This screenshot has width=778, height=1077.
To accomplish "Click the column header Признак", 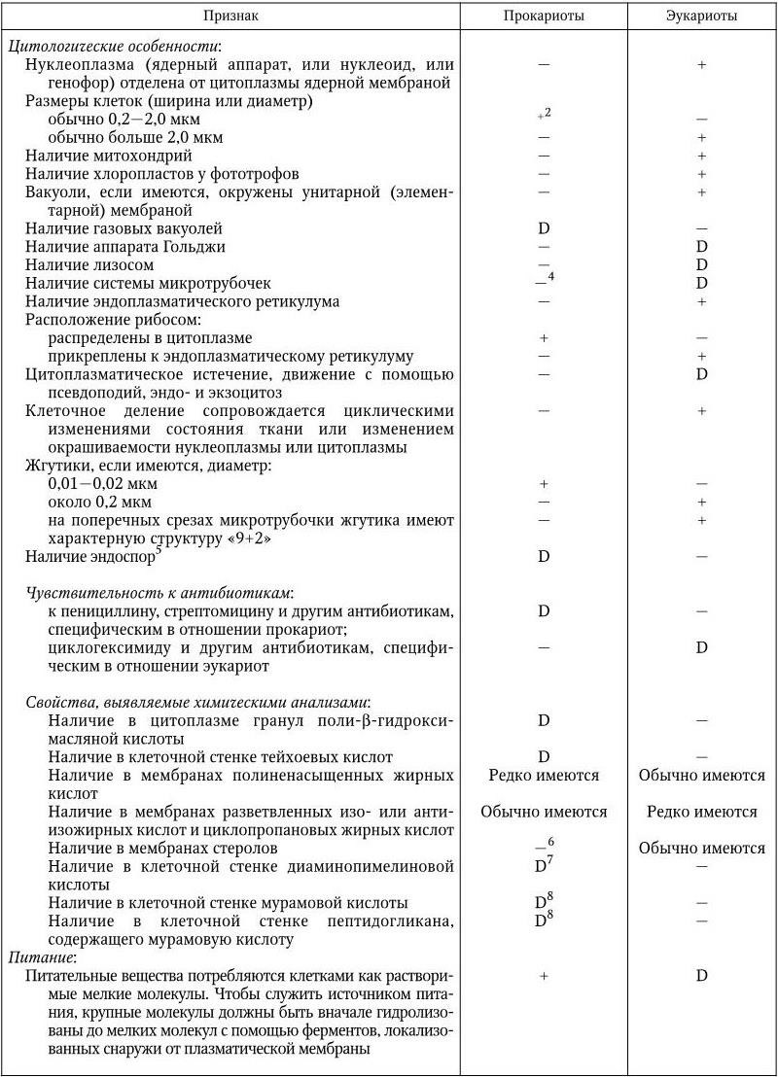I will coord(231,16).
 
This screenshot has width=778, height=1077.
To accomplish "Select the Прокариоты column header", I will coord(544,16).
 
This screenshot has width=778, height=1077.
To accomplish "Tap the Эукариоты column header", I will coord(701,16).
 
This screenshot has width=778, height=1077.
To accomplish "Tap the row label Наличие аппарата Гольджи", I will coord(125,247).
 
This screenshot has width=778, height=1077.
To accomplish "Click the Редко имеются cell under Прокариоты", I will coord(544,775).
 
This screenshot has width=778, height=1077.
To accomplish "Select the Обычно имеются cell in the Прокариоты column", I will coord(544,812).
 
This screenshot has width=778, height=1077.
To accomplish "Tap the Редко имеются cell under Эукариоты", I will coord(701,812).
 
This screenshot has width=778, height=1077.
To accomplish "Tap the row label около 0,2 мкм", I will coord(102,503).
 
